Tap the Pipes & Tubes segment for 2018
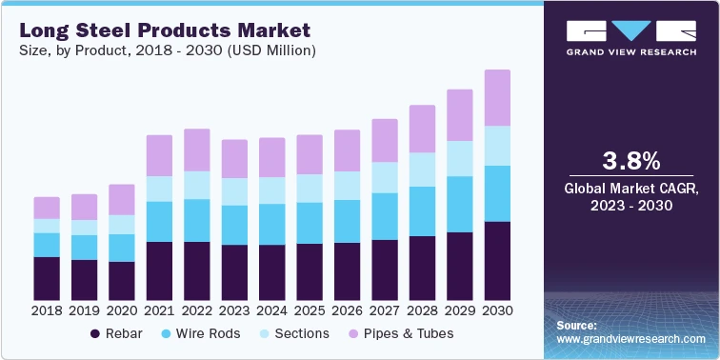click(47, 208)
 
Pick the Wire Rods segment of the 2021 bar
click(159, 221)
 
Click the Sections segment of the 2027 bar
click(384, 177)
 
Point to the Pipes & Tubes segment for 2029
click(460, 115)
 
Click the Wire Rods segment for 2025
click(310, 223)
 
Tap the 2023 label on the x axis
click(234, 310)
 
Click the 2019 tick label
click(84, 310)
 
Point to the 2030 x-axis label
click(497, 310)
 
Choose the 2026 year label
click(347, 310)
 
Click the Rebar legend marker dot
click(95, 334)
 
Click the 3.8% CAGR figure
click(632, 158)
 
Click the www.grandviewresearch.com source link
click(631, 339)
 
